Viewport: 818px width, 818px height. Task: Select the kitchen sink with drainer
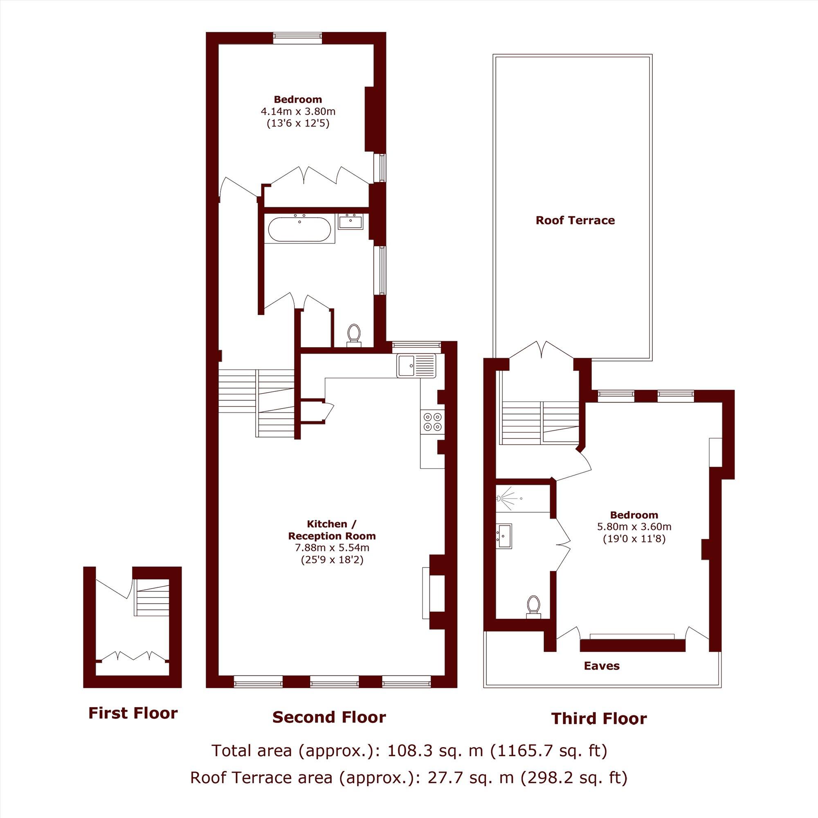click(416, 366)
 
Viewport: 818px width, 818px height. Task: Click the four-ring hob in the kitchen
click(432, 421)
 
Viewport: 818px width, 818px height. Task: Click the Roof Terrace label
click(575, 220)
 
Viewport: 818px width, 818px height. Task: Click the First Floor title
click(133, 713)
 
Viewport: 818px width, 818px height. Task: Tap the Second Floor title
click(329, 717)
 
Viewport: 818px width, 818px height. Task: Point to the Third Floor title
click(599, 719)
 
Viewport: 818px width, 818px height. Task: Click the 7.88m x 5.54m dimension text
click(332, 548)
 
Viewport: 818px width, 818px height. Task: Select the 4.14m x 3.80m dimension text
click(298, 112)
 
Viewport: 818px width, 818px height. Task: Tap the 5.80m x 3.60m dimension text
click(634, 527)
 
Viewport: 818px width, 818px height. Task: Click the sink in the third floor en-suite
click(505, 534)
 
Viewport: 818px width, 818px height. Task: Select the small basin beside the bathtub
click(351, 221)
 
